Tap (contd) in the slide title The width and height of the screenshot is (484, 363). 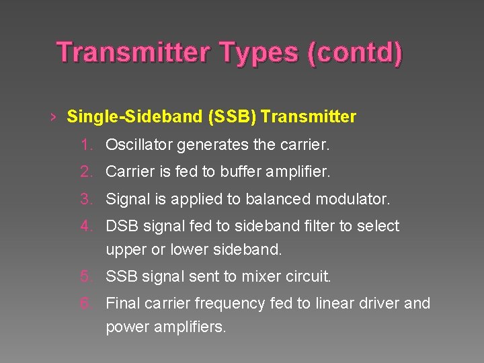pyautogui.click(x=354, y=53)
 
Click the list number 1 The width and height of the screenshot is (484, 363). pyautogui.click(x=85, y=145)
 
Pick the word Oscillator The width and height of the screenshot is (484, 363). pyautogui.click(x=137, y=145)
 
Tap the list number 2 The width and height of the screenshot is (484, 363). pyautogui.click(x=85, y=172)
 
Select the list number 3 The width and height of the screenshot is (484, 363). pyautogui.click(x=85, y=200)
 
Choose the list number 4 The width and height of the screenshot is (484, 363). pyautogui.click(x=85, y=227)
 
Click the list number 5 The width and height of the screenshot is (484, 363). pyautogui.click(x=85, y=276)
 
